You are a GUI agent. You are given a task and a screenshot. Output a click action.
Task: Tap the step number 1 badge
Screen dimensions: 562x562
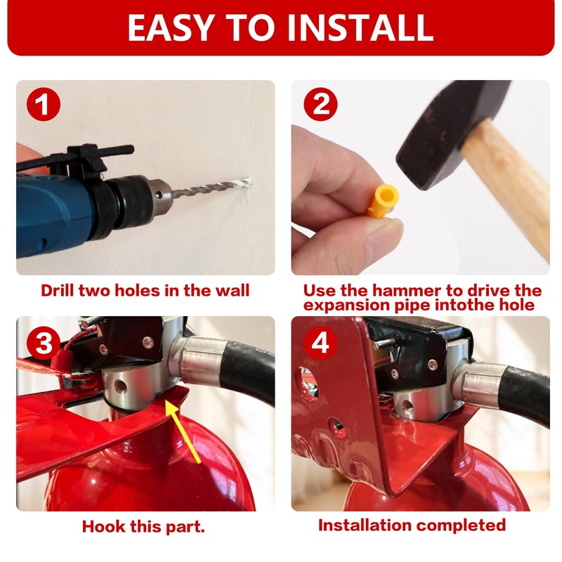pos(44,105)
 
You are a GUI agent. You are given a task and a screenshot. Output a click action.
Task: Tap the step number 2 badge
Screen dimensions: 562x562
pos(320,105)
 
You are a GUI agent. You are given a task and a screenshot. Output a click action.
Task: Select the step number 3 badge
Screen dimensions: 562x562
pos(44,344)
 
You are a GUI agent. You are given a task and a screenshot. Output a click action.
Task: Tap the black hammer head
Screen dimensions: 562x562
pos(443,133)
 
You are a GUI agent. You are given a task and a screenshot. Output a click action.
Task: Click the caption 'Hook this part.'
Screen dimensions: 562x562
pos(143,526)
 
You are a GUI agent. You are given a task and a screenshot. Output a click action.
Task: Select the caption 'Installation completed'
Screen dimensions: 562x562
pos(412,525)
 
